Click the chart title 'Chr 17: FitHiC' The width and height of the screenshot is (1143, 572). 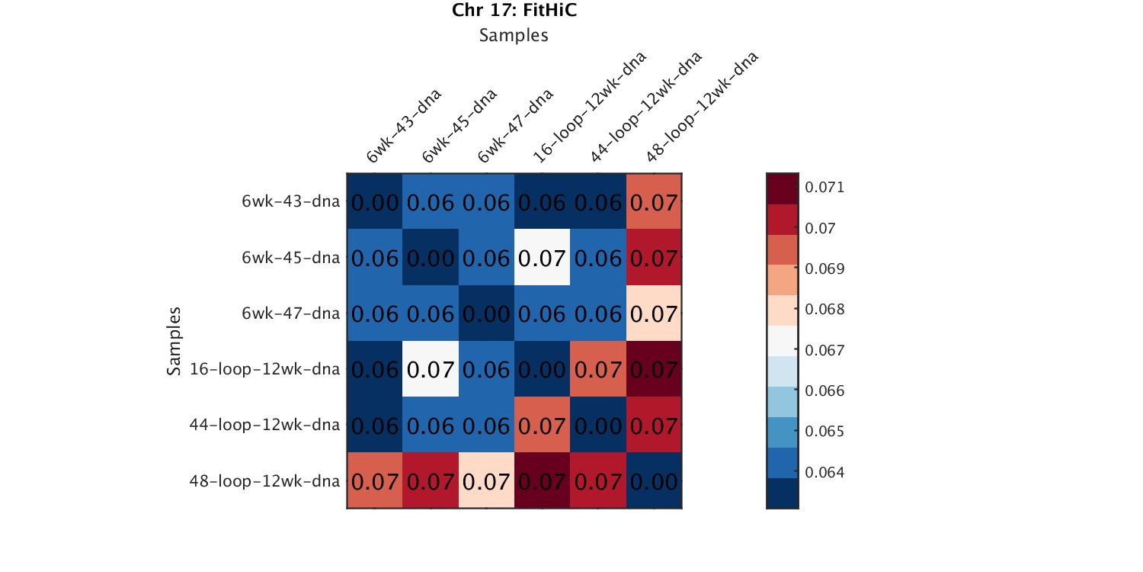pos(514,11)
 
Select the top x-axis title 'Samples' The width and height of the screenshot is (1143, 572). pos(514,35)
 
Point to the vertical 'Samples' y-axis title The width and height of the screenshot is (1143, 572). pos(174,341)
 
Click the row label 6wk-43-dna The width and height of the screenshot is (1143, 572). pos(290,202)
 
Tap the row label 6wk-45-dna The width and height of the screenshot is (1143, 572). pos(290,258)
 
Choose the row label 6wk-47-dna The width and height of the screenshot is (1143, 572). pos(290,313)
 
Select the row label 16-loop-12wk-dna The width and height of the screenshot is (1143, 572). pos(264,369)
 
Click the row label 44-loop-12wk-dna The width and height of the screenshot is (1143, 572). pos(264,425)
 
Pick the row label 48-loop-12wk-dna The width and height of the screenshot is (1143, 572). pos(264,481)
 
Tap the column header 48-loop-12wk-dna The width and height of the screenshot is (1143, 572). pos(701,108)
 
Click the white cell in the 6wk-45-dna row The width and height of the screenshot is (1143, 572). pos(542,258)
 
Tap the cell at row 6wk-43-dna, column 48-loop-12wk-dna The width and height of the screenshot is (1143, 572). pos(654,202)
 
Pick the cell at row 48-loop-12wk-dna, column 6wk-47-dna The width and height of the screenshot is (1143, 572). pos(486,481)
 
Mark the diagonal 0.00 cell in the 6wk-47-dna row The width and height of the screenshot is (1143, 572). pos(486,313)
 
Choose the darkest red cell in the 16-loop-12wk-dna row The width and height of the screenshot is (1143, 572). pos(654,369)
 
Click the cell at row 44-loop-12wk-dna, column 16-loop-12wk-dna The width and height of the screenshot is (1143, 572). pos(542,425)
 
